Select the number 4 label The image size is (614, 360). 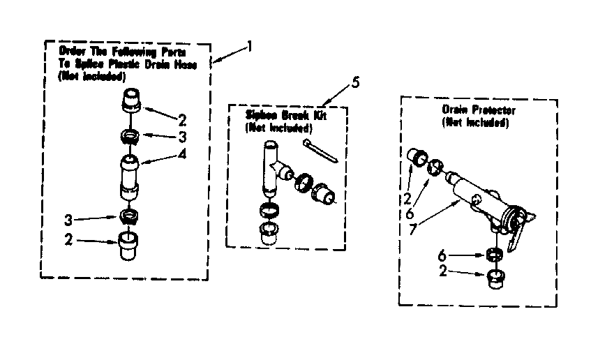pyautogui.click(x=182, y=155)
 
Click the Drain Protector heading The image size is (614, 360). pyautogui.click(x=478, y=110)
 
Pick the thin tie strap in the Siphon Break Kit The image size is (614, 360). pyautogui.click(x=322, y=151)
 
